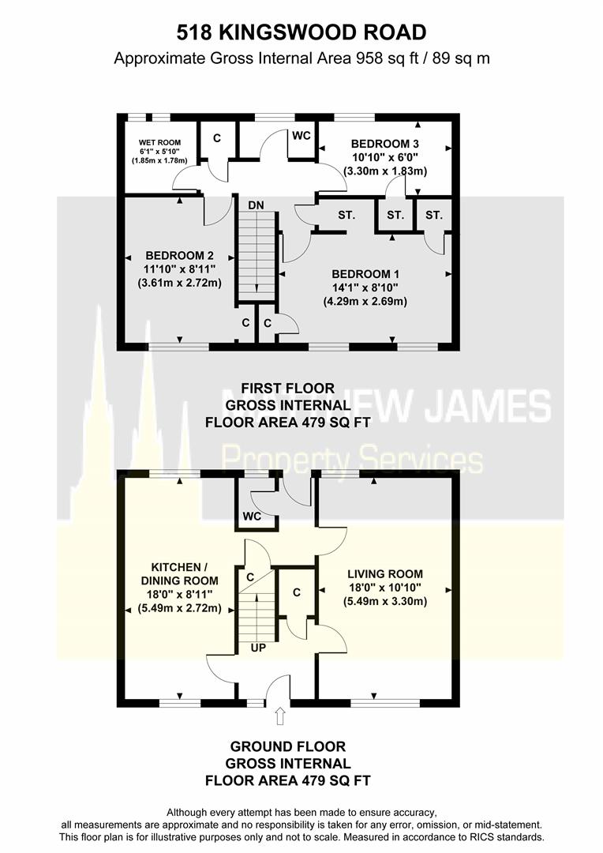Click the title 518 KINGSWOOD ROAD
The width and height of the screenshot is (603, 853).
point(301,32)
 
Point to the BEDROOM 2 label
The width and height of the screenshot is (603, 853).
point(179,255)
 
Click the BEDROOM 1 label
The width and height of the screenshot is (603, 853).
point(365,274)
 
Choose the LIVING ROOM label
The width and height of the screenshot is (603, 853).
point(384,574)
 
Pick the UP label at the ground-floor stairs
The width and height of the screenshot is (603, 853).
point(257,647)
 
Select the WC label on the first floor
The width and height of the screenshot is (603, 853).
point(301,136)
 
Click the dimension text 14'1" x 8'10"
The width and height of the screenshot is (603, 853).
point(365,287)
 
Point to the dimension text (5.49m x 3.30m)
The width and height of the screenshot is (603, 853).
point(384,601)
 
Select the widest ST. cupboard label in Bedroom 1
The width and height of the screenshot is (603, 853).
point(346,215)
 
